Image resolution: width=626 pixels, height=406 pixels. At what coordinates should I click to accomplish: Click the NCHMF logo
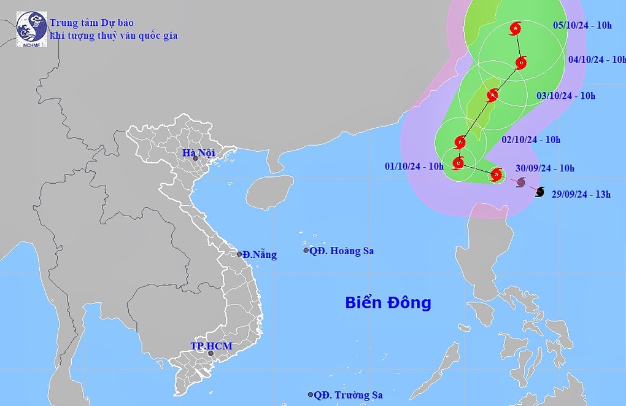pyautogui.click(x=31, y=29)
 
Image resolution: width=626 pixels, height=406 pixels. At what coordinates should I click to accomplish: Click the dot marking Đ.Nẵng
pyautogui.click(x=239, y=254)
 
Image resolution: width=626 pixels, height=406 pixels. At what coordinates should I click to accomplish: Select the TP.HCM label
pyautogui.click(x=211, y=346)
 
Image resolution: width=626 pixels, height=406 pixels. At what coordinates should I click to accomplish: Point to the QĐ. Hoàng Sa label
pyautogui.click(x=341, y=251)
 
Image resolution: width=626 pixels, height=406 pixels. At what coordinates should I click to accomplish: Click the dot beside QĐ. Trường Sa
pyautogui.click(x=311, y=395)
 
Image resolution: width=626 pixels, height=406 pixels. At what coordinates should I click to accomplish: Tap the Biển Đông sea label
pyautogui.click(x=388, y=302)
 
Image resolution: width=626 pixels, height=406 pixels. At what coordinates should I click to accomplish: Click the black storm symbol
pyautogui.click(x=539, y=192)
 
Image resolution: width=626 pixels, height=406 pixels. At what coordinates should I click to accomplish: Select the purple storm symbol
pyautogui.click(x=521, y=182)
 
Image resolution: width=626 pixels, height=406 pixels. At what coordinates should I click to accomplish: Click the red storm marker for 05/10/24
pyautogui.click(x=515, y=28)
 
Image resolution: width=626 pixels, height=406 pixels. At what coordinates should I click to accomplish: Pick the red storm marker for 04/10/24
pyautogui.click(x=521, y=62)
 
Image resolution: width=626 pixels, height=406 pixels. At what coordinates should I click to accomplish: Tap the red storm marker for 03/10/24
pyautogui.click(x=492, y=95)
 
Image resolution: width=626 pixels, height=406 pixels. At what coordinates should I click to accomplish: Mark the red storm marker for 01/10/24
pyautogui.click(x=458, y=163)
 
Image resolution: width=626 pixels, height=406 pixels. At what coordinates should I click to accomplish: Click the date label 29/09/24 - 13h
pyautogui.click(x=581, y=194)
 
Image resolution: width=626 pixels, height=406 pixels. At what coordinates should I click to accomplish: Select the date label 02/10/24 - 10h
pyautogui.click(x=531, y=139)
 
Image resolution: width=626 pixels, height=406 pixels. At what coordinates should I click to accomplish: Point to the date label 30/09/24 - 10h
pyautogui.click(x=545, y=168)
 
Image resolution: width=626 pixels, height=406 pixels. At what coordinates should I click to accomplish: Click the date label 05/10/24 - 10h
pyautogui.click(x=582, y=25)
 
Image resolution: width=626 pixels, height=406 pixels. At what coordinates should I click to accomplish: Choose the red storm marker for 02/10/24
pyautogui.click(x=460, y=142)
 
